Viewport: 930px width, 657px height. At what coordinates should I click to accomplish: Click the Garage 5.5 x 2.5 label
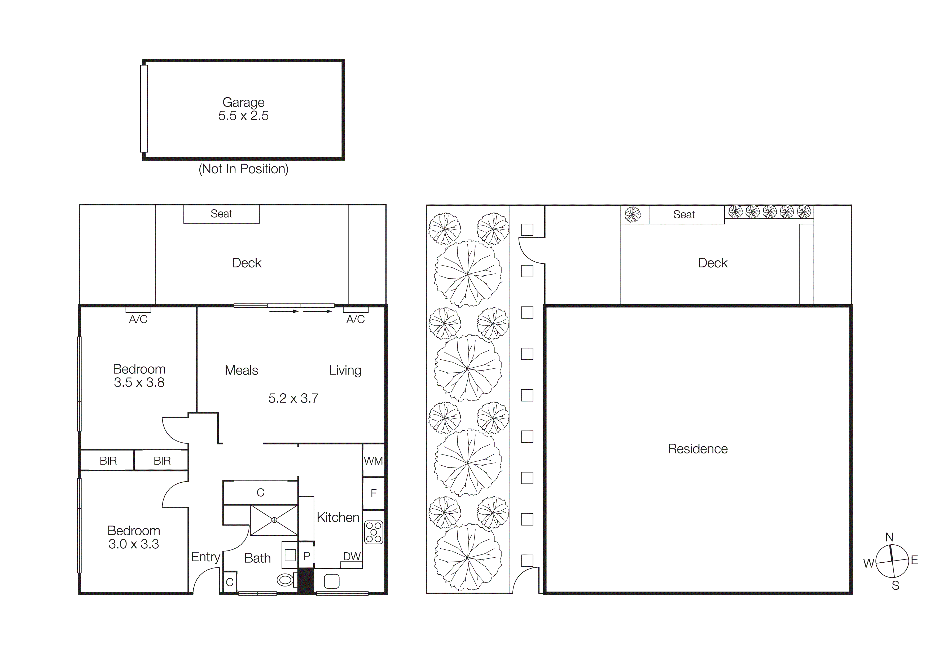point(243,109)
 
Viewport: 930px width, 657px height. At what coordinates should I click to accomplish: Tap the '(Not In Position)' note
point(243,169)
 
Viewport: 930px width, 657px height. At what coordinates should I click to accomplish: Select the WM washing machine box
point(373,461)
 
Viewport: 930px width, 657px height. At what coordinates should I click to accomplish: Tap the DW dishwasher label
point(352,556)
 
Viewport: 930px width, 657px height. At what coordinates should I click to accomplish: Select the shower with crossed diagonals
point(274,520)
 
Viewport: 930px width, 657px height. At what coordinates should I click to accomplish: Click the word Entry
point(206,557)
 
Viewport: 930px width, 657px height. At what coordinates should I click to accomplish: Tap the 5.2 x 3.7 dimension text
point(293,398)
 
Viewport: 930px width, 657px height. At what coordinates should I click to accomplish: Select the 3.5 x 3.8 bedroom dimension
point(139,382)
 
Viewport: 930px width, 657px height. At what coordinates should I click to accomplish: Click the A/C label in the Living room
point(356,319)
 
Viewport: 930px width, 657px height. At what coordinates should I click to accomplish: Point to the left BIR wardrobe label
point(108,461)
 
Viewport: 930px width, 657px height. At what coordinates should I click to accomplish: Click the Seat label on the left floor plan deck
point(221,214)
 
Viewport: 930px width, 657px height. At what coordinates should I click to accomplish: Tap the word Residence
point(697,448)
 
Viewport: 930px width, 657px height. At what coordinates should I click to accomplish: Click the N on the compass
point(889,537)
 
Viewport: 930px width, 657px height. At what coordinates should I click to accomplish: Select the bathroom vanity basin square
point(290,555)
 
